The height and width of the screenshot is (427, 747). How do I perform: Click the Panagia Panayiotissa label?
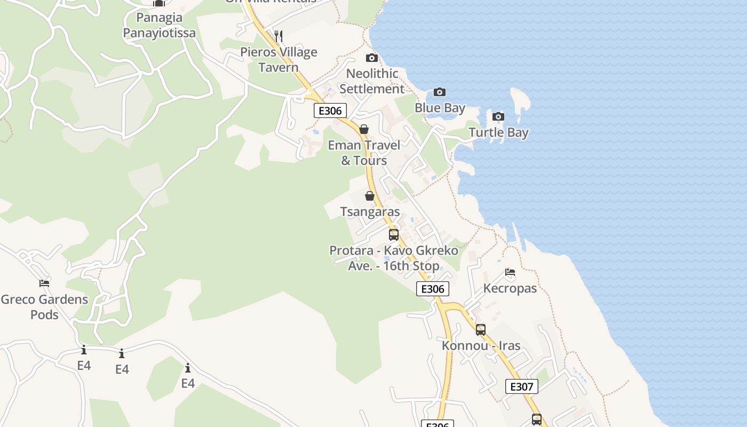tap(159, 25)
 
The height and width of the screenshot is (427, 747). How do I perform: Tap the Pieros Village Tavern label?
tap(279, 60)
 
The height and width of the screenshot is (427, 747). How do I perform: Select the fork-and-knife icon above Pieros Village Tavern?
tap(278, 36)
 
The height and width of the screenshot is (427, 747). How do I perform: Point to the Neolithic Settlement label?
tap(372, 81)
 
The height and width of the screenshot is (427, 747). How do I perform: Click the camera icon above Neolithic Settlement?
tap(372, 58)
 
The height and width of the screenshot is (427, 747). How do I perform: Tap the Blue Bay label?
tap(440, 108)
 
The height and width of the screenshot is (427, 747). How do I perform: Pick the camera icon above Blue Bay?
tap(439, 92)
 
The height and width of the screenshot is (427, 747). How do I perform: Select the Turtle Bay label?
tap(498, 132)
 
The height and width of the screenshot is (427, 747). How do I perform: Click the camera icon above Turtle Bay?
tap(498, 116)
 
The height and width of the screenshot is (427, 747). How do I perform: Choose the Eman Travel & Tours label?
tap(364, 153)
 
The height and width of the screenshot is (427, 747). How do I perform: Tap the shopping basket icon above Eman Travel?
tap(364, 129)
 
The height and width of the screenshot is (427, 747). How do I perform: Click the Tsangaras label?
tap(370, 212)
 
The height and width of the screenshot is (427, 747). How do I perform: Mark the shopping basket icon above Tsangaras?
tap(369, 196)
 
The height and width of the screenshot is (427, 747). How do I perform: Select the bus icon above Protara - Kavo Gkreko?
tap(394, 234)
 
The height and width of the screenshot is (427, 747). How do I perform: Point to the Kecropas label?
tap(510, 288)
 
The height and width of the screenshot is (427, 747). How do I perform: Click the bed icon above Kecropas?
tap(510, 272)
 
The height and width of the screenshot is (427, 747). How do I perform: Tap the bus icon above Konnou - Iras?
tap(481, 330)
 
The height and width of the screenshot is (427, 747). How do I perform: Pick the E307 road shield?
tap(521, 386)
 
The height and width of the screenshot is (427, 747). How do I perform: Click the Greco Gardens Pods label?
tap(44, 307)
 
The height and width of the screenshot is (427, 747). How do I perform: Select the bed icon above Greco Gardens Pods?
tap(44, 283)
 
